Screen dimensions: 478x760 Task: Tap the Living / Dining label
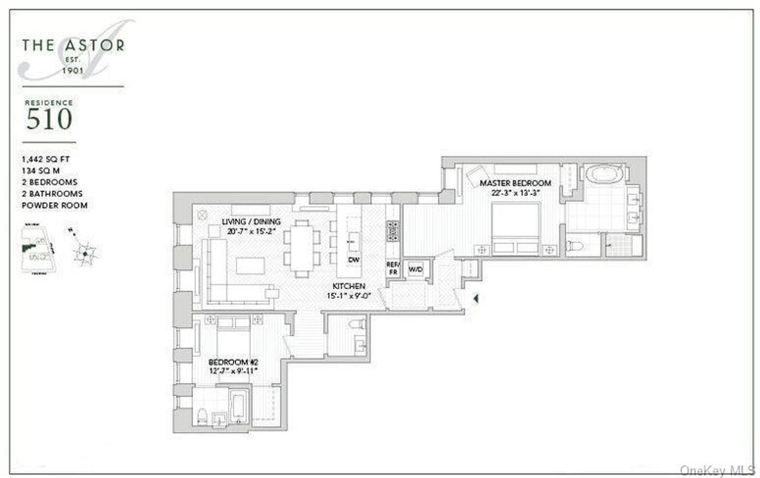click(x=251, y=227)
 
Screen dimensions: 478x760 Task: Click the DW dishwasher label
click(x=353, y=260)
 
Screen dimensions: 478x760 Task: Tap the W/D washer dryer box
click(x=416, y=270)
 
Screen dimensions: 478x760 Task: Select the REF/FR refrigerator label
click(x=392, y=268)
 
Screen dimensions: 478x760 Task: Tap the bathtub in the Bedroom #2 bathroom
click(x=238, y=406)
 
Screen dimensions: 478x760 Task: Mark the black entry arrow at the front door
click(x=476, y=296)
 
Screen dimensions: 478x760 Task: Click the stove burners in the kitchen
click(x=393, y=231)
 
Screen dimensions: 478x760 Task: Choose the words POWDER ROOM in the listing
click(x=54, y=205)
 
